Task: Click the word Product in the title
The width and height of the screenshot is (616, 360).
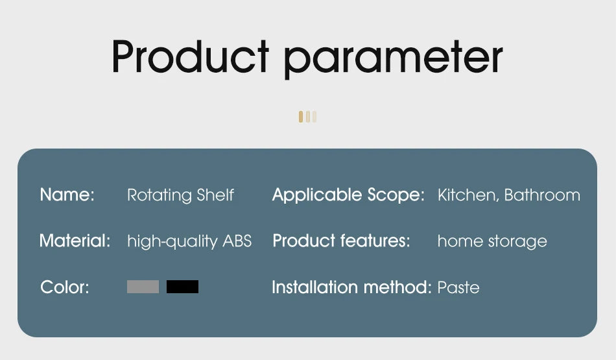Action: pyautogui.click(x=190, y=56)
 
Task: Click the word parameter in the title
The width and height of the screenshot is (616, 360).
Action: pyautogui.click(x=393, y=59)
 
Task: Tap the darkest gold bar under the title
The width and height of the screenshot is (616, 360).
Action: pyautogui.click(x=301, y=117)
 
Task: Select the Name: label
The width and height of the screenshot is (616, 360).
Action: pyautogui.click(x=67, y=195)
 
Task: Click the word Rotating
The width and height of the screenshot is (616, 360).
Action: pyautogui.click(x=159, y=195)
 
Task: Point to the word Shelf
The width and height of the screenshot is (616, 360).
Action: pyautogui.click(x=215, y=195)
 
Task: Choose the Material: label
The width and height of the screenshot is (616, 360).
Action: pyautogui.click(x=75, y=241)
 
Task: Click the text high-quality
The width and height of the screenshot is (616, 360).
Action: pyautogui.click(x=172, y=241)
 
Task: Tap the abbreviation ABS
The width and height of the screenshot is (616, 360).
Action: pyautogui.click(x=237, y=241)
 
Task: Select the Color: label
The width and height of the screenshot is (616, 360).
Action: pyautogui.click(x=65, y=287)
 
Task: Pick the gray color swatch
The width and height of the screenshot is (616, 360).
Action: pyautogui.click(x=143, y=287)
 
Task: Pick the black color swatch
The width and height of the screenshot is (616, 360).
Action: pyautogui.click(x=182, y=287)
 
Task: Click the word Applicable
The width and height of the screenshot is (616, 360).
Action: pyautogui.click(x=317, y=195)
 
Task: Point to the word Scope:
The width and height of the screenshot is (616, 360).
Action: pyautogui.click(x=396, y=195)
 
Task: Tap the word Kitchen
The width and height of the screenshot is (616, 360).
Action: pyautogui.click(x=468, y=195)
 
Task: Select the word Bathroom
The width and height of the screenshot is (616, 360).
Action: pyautogui.click(x=542, y=195)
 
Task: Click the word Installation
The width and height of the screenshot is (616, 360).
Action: pyautogui.click(x=316, y=287)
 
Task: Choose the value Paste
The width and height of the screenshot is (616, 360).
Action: pyautogui.click(x=458, y=287)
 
